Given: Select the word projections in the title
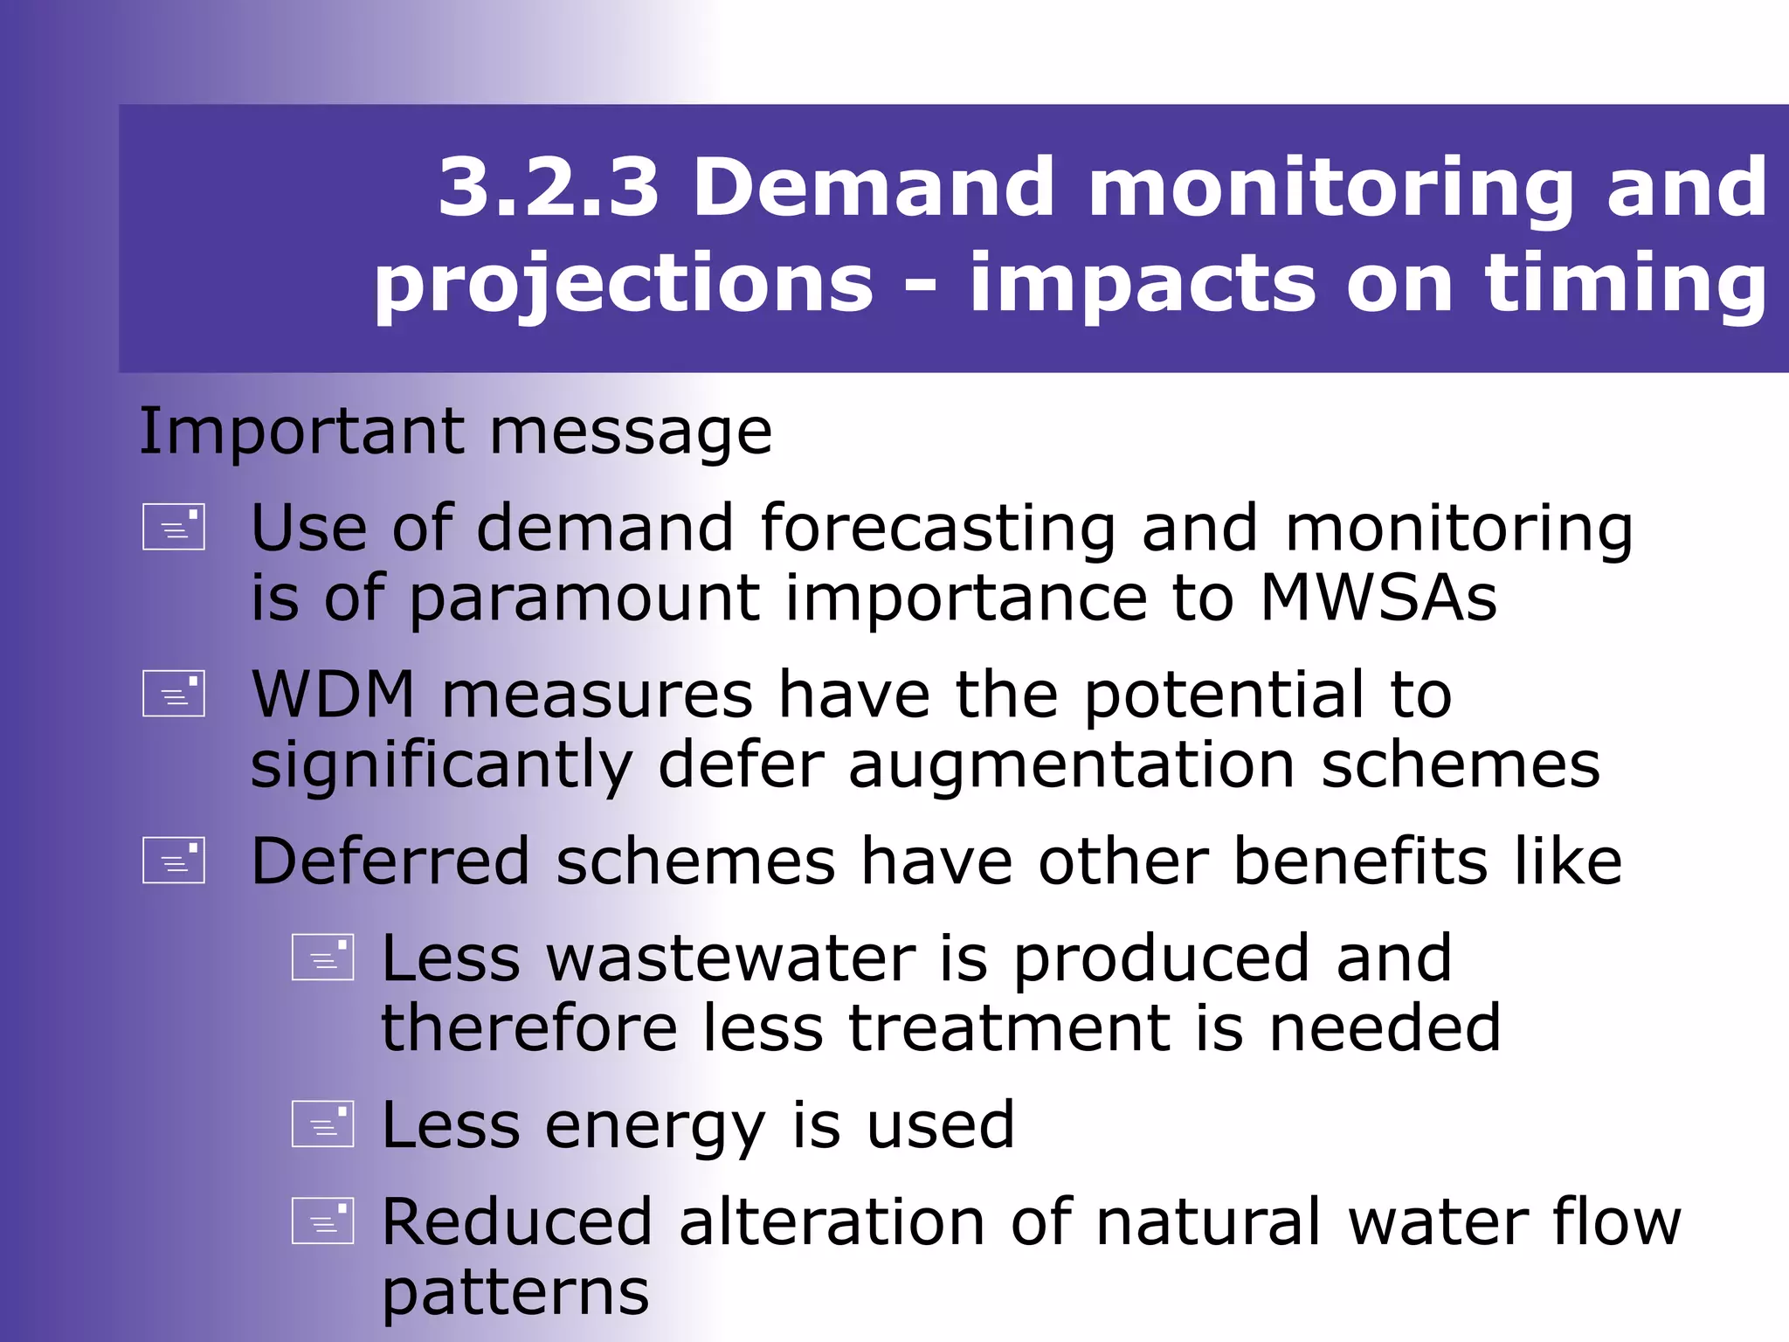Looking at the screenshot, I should click(624, 284).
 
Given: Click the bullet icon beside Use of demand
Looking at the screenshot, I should click(174, 527).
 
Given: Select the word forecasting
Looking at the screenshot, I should click(938, 529).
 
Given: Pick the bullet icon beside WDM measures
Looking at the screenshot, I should click(174, 694).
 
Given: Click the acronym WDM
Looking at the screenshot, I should click(333, 695).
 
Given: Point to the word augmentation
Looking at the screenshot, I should click(1072, 765).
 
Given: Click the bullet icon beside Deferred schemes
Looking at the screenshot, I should click(174, 861).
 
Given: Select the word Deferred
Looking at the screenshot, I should click(390, 861).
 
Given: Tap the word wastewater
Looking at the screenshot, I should click(731, 958).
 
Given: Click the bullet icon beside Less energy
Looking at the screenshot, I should click(323, 1124).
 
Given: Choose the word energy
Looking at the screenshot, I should click(655, 1127).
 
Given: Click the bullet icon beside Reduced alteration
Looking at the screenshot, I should click(323, 1221).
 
